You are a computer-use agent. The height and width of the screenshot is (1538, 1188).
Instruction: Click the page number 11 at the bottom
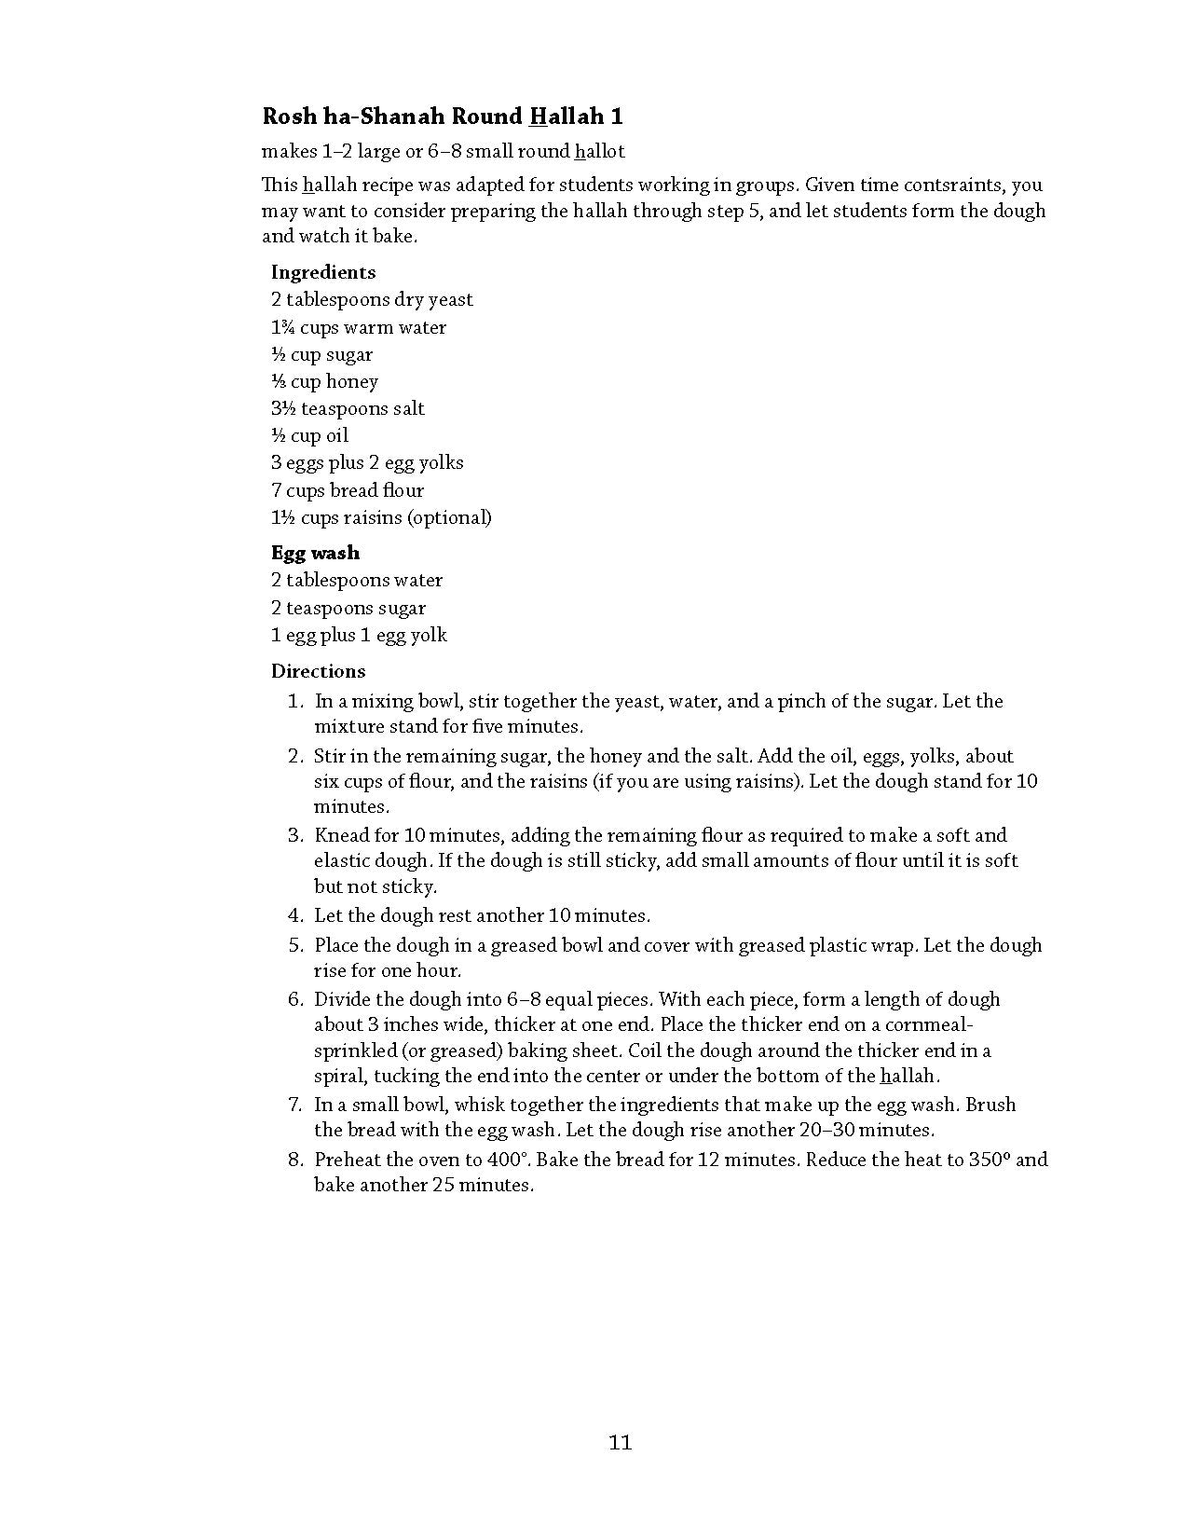[621, 1443]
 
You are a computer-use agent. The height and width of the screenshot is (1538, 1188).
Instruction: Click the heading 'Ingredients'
[323, 272]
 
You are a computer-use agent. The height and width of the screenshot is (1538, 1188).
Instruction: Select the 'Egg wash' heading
[315, 553]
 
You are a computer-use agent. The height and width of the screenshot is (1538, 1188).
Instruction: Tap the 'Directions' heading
[318, 671]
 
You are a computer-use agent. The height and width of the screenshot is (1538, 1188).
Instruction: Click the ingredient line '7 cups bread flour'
[348, 490]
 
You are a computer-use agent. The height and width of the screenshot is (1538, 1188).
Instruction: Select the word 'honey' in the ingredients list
[352, 381]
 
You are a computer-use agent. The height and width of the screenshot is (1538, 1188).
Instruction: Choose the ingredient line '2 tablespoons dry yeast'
[372, 299]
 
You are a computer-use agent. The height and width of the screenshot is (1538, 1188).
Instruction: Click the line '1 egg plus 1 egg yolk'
[359, 635]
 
